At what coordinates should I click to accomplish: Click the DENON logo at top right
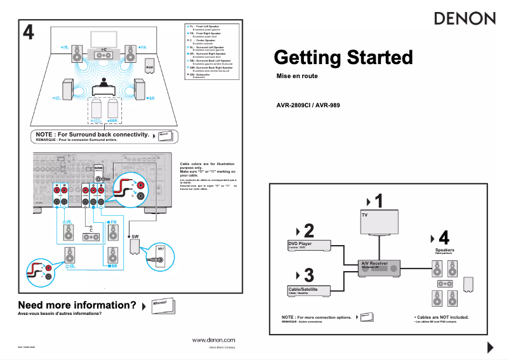click(465, 18)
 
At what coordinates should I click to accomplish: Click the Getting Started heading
click(343, 58)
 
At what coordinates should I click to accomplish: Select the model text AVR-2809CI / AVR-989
click(308, 105)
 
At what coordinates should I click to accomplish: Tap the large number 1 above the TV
click(378, 202)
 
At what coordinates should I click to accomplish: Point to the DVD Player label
click(300, 244)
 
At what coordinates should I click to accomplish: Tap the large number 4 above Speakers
click(444, 238)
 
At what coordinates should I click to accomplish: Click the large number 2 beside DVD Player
click(308, 230)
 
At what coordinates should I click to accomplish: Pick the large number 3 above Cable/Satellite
click(308, 276)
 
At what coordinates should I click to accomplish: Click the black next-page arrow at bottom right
click(490, 347)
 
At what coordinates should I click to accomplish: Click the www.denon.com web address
click(213, 340)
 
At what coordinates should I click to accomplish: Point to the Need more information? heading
click(77, 305)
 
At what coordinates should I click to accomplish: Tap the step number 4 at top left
click(28, 32)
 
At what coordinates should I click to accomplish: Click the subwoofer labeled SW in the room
click(149, 66)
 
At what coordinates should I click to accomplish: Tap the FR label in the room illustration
click(143, 47)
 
